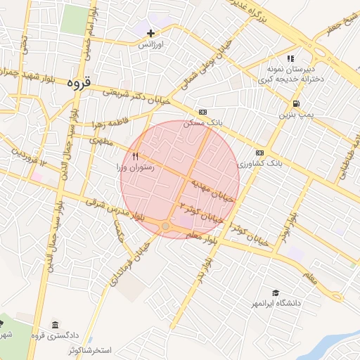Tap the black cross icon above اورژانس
click(150, 32)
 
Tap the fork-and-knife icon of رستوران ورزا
click(136, 157)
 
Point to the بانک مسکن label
click(202, 122)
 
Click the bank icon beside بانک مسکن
click(203, 111)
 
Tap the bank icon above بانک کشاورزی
click(259, 152)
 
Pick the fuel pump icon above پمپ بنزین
click(284, 103)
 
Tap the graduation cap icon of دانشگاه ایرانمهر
click(276, 292)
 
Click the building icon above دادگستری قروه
click(53, 325)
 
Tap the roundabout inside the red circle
click(165, 226)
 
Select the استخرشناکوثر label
click(90, 349)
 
